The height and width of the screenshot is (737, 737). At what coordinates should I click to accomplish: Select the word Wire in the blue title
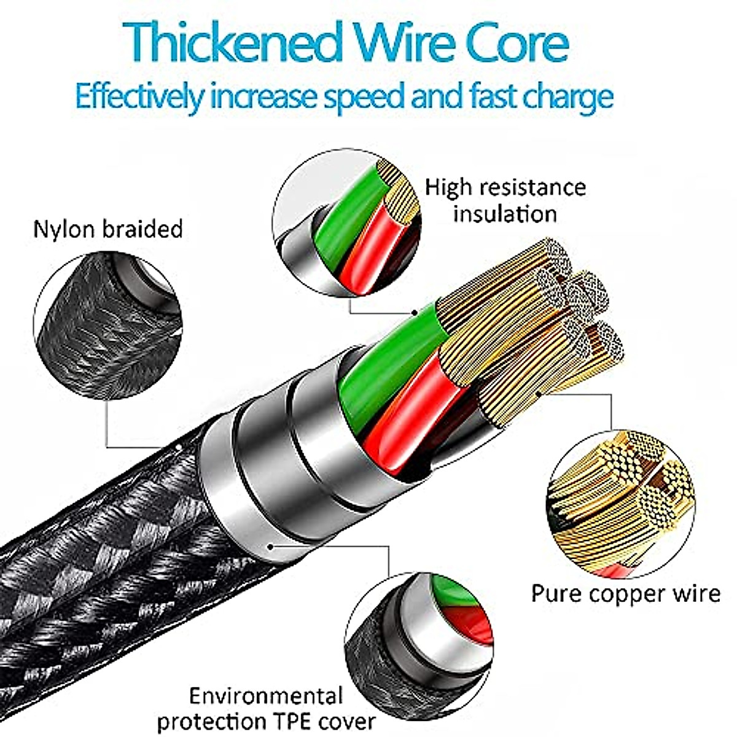(404, 42)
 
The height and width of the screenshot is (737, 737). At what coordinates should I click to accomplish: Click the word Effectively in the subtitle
(138, 96)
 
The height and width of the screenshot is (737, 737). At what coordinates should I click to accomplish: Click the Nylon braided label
(108, 230)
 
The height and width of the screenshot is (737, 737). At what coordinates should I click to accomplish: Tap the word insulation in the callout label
(505, 214)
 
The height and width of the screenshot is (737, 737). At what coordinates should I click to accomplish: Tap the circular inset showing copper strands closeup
(620, 504)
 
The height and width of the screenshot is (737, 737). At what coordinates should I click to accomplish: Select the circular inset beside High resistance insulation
(347, 222)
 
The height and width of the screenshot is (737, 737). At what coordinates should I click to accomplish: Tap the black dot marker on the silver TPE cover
(271, 547)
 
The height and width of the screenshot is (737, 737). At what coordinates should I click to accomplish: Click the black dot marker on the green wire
(415, 313)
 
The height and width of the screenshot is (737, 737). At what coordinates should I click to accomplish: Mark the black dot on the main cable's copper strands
(538, 393)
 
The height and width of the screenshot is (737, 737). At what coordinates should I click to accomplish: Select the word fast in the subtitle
(494, 96)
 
